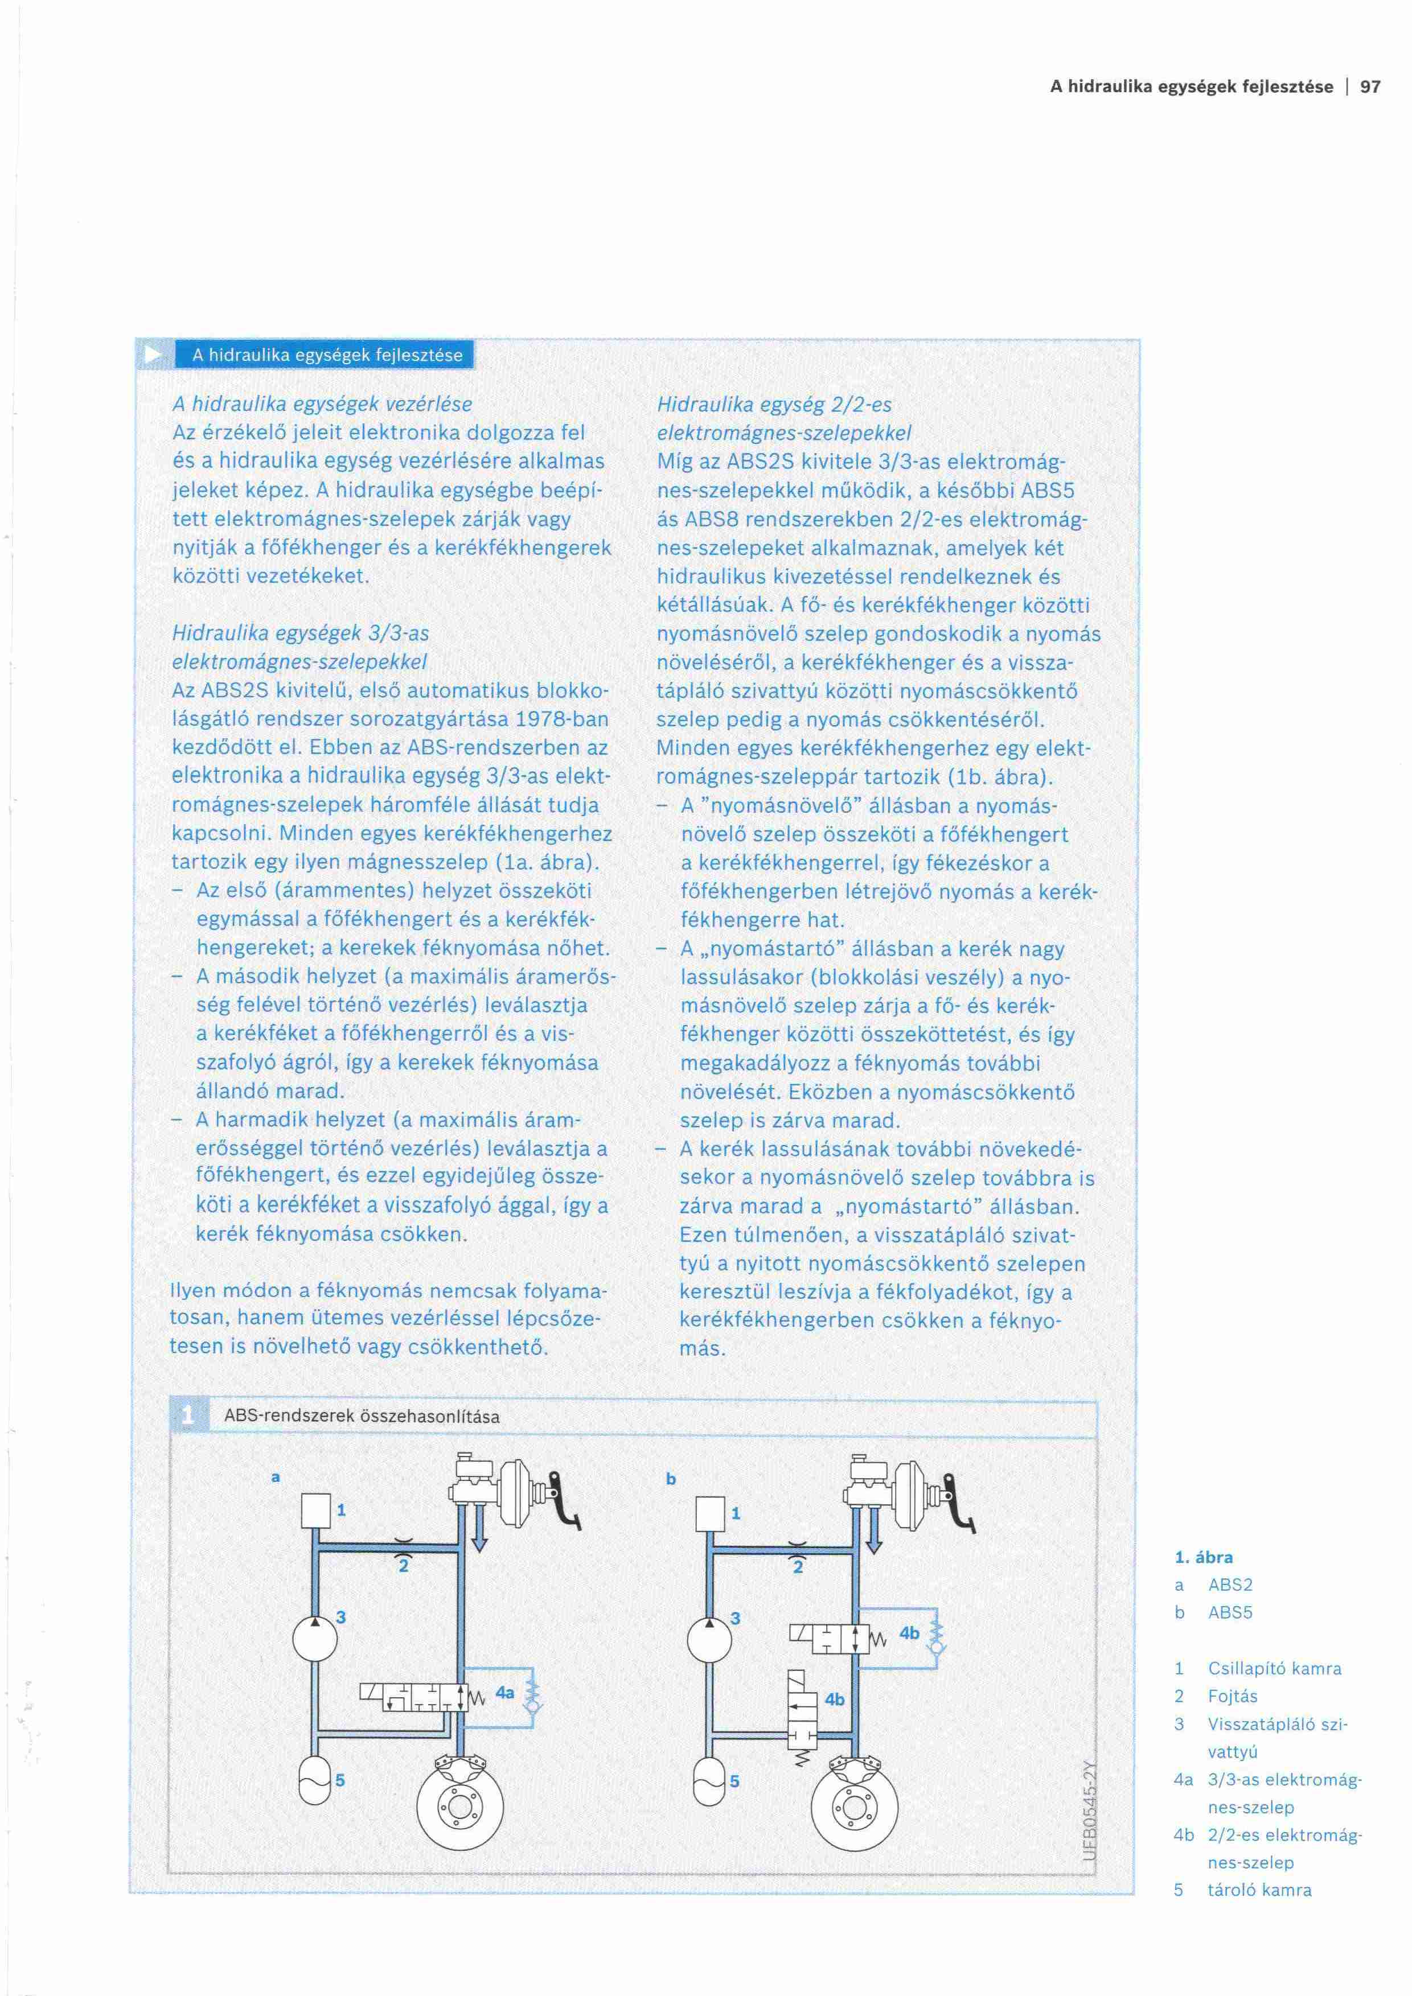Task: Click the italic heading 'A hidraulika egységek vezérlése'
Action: pyautogui.click(x=322, y=404)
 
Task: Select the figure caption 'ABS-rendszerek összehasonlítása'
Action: pyautogui.click(x=362, y=1416)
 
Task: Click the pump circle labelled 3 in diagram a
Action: pyautogui.click(x=315, y=1639)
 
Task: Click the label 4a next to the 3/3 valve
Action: pyautogui.click(x=504, y=1693)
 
